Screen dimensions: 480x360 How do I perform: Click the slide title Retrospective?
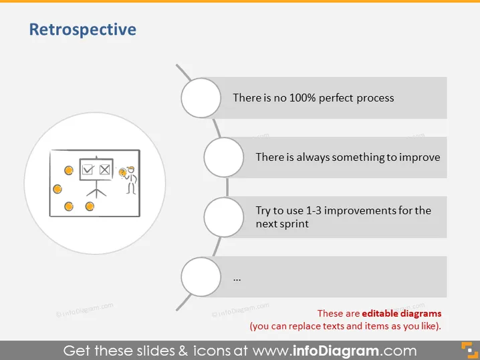click(83, 29)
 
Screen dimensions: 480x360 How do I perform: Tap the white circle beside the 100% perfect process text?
click(201, 98)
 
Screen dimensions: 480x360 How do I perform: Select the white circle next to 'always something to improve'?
click(224, 157)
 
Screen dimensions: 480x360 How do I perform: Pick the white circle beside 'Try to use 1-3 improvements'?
click(224, 217)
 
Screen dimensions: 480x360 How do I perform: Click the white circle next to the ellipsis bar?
click(201, 277)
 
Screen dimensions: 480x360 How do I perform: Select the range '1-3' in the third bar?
click(314, 210)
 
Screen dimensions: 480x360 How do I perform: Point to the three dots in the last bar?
click(237, 279)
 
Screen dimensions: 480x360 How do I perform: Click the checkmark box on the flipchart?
click(88, 169)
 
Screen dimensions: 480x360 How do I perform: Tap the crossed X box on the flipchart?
click(105, 169)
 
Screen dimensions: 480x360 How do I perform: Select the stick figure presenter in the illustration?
click(131, 180)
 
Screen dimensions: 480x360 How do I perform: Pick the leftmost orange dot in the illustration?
click(57, 189)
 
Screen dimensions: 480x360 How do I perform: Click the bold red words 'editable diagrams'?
click(402, 313)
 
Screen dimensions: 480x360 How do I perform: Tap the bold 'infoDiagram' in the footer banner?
click(336, 351)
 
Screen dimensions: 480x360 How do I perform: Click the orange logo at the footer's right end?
click(469, 350)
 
